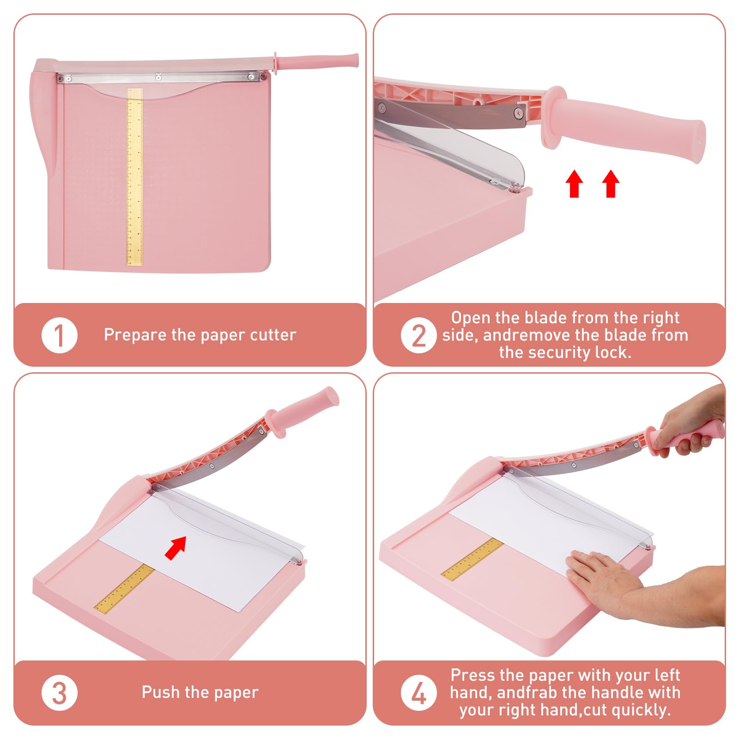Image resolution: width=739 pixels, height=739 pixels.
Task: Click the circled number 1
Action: point(59,335)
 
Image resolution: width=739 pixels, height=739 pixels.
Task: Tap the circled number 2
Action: point(418,335)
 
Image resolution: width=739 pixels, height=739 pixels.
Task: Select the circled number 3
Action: point(59,693)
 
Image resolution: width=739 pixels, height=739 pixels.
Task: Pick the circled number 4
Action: point(418,693)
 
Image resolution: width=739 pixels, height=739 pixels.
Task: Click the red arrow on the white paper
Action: point(176,548)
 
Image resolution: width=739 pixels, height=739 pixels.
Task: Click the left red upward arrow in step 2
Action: point(574,183)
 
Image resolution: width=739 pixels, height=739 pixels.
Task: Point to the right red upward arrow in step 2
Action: point(611,183)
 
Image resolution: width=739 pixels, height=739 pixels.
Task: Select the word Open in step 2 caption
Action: point(471,318)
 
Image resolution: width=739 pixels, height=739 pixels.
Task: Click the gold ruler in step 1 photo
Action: point(134,177)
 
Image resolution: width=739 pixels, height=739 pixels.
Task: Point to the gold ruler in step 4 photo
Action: point(472,558)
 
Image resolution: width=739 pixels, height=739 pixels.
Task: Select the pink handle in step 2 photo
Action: point(623,124)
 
